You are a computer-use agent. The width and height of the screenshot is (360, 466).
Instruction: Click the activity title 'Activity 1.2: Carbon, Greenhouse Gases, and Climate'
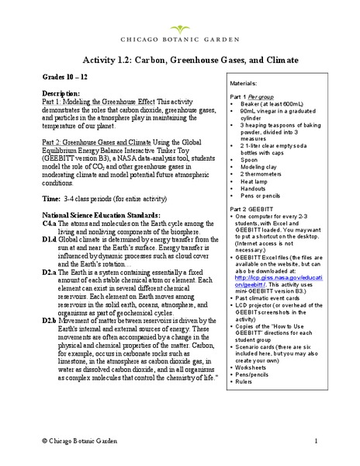[179, 59]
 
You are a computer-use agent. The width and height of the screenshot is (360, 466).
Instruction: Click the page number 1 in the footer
[317, 441]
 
